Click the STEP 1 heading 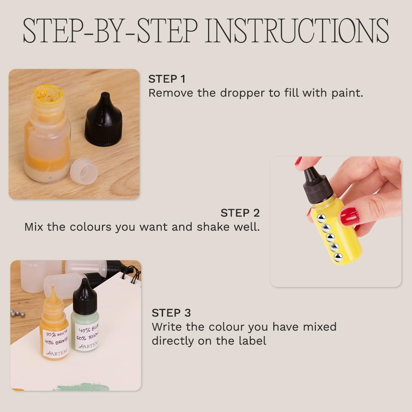click(x=167, y=79)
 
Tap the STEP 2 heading click(x=240, y=213)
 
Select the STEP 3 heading click(x=171, y=313)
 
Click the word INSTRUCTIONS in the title click(x=297, y=31)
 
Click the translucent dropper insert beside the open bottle click(x=84, y=170)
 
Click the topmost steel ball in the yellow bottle click(x=321, y=218)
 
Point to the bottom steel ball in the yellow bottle click(x=338, y=257)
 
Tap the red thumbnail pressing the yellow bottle click(x=350, y=216)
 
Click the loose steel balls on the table click(x=18, y=313)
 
